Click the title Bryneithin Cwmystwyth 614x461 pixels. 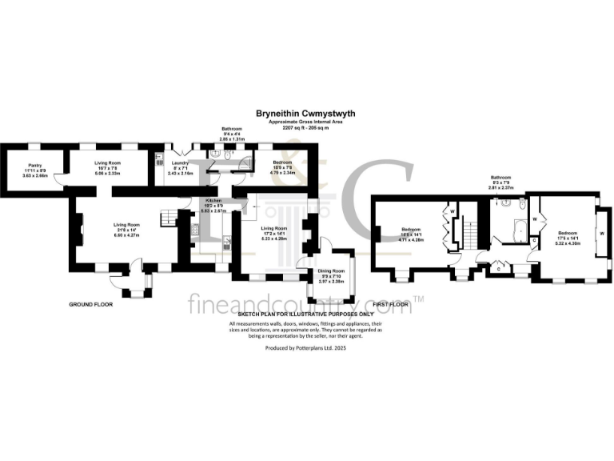click(306, 114)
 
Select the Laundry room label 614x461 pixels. click(179, 163)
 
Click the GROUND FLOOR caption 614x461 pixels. click(90, 304)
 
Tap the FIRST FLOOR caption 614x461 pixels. click(390, 304)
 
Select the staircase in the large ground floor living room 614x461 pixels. click(168, 216)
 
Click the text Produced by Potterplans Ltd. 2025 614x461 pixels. click(306, 349)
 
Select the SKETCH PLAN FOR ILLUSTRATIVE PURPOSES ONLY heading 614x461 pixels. click(306, 316)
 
